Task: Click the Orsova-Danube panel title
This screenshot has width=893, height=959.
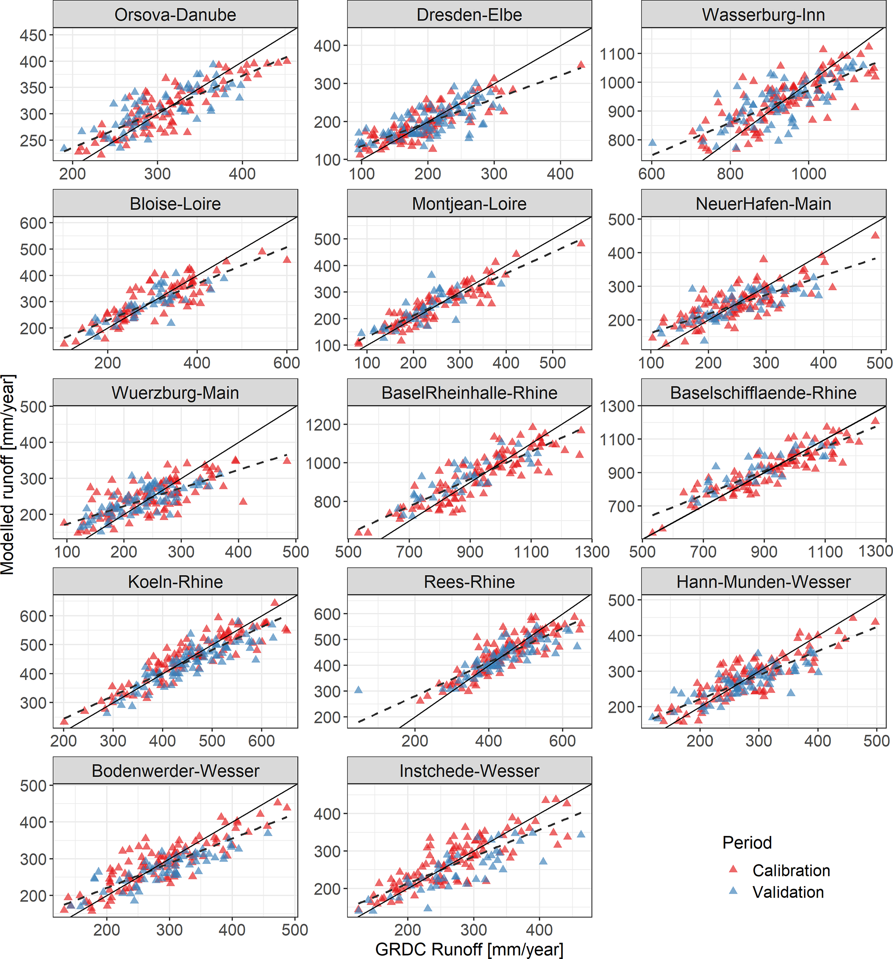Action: coord(175,15)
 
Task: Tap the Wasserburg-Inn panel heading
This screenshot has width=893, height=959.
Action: coord(763,15)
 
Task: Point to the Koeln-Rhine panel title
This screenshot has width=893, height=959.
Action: coord(175,582)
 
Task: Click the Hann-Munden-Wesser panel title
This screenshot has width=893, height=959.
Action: coord(763,582)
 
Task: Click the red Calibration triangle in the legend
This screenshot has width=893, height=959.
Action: coord(733,869)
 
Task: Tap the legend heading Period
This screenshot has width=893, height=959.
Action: coord(747,842)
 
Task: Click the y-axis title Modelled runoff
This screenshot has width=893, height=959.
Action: coord(8,475)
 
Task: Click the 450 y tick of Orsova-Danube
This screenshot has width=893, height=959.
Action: coord(33,35)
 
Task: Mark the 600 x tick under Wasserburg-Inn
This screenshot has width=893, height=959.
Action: coord(651,174)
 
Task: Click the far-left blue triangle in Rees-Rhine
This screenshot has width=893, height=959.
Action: coord(359,690)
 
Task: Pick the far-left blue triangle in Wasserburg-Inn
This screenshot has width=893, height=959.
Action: coord(652,142)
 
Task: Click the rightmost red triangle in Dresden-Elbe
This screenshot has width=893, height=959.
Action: coord(581,65)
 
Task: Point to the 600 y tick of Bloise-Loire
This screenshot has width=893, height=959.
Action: coord(33,223)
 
